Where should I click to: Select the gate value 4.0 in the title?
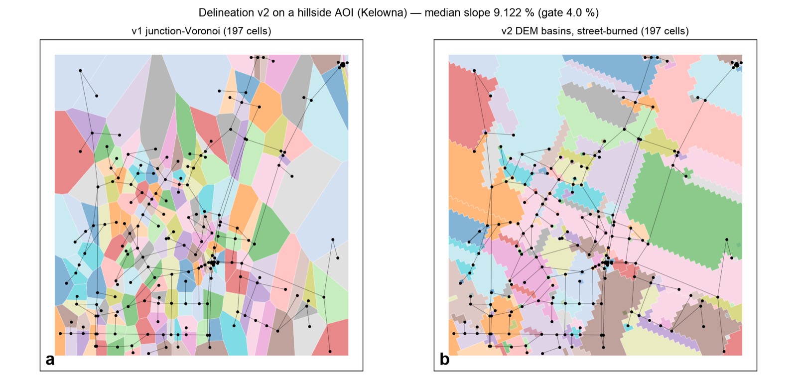coord(570,13)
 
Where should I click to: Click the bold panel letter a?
coord(50,360)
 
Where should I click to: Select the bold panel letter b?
coord(444,359)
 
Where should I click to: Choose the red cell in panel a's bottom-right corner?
coord(334,338)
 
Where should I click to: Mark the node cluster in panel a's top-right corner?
coord(343,64)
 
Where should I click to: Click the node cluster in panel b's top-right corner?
coord(736,64)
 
